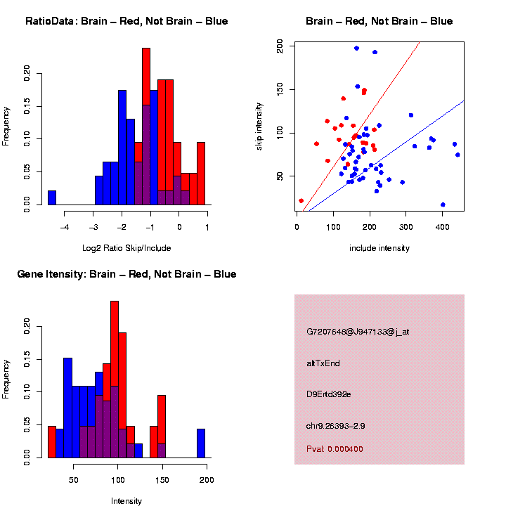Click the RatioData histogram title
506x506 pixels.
(126, 21)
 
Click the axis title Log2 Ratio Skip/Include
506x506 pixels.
(126, 247)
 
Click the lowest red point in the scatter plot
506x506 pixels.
(301, 201)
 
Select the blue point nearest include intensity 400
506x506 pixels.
(443, 205)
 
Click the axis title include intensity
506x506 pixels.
(379, 247)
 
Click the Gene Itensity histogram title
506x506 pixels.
(126, 274)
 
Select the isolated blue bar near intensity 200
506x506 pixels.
(201, 443)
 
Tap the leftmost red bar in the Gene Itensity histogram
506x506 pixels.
(52, 442)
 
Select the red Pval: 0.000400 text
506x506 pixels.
(335, 449)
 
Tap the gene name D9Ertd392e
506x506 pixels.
(329, 394)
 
